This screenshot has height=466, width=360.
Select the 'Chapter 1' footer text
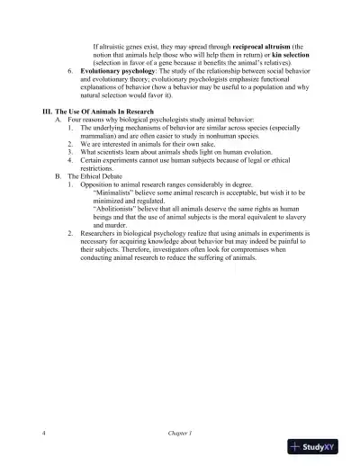coord(179,432)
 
